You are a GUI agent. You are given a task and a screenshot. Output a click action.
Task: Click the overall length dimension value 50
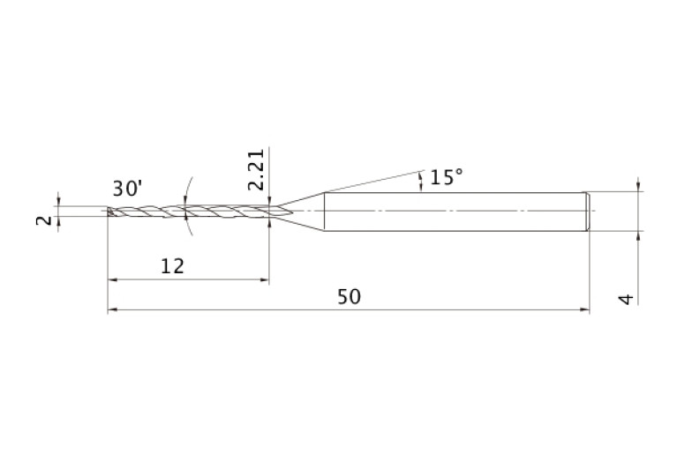[x=349, y=297]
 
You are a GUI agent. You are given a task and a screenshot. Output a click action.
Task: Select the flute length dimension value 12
[x=172, y=266]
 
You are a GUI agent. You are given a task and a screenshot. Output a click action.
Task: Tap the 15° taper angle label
[x=446, y=177]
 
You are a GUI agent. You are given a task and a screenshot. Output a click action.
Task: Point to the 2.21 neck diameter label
[x=256, y=169]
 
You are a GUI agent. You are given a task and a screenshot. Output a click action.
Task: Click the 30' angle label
[x=127, y=189]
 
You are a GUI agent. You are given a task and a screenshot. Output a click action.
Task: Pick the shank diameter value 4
[x=627, y=299]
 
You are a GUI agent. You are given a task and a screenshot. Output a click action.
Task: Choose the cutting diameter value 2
[x=43, y=220]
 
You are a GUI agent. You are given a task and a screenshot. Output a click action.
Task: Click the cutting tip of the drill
[x=109, y=211]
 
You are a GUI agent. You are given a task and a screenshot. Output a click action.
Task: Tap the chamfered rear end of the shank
[x=587, y=212]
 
